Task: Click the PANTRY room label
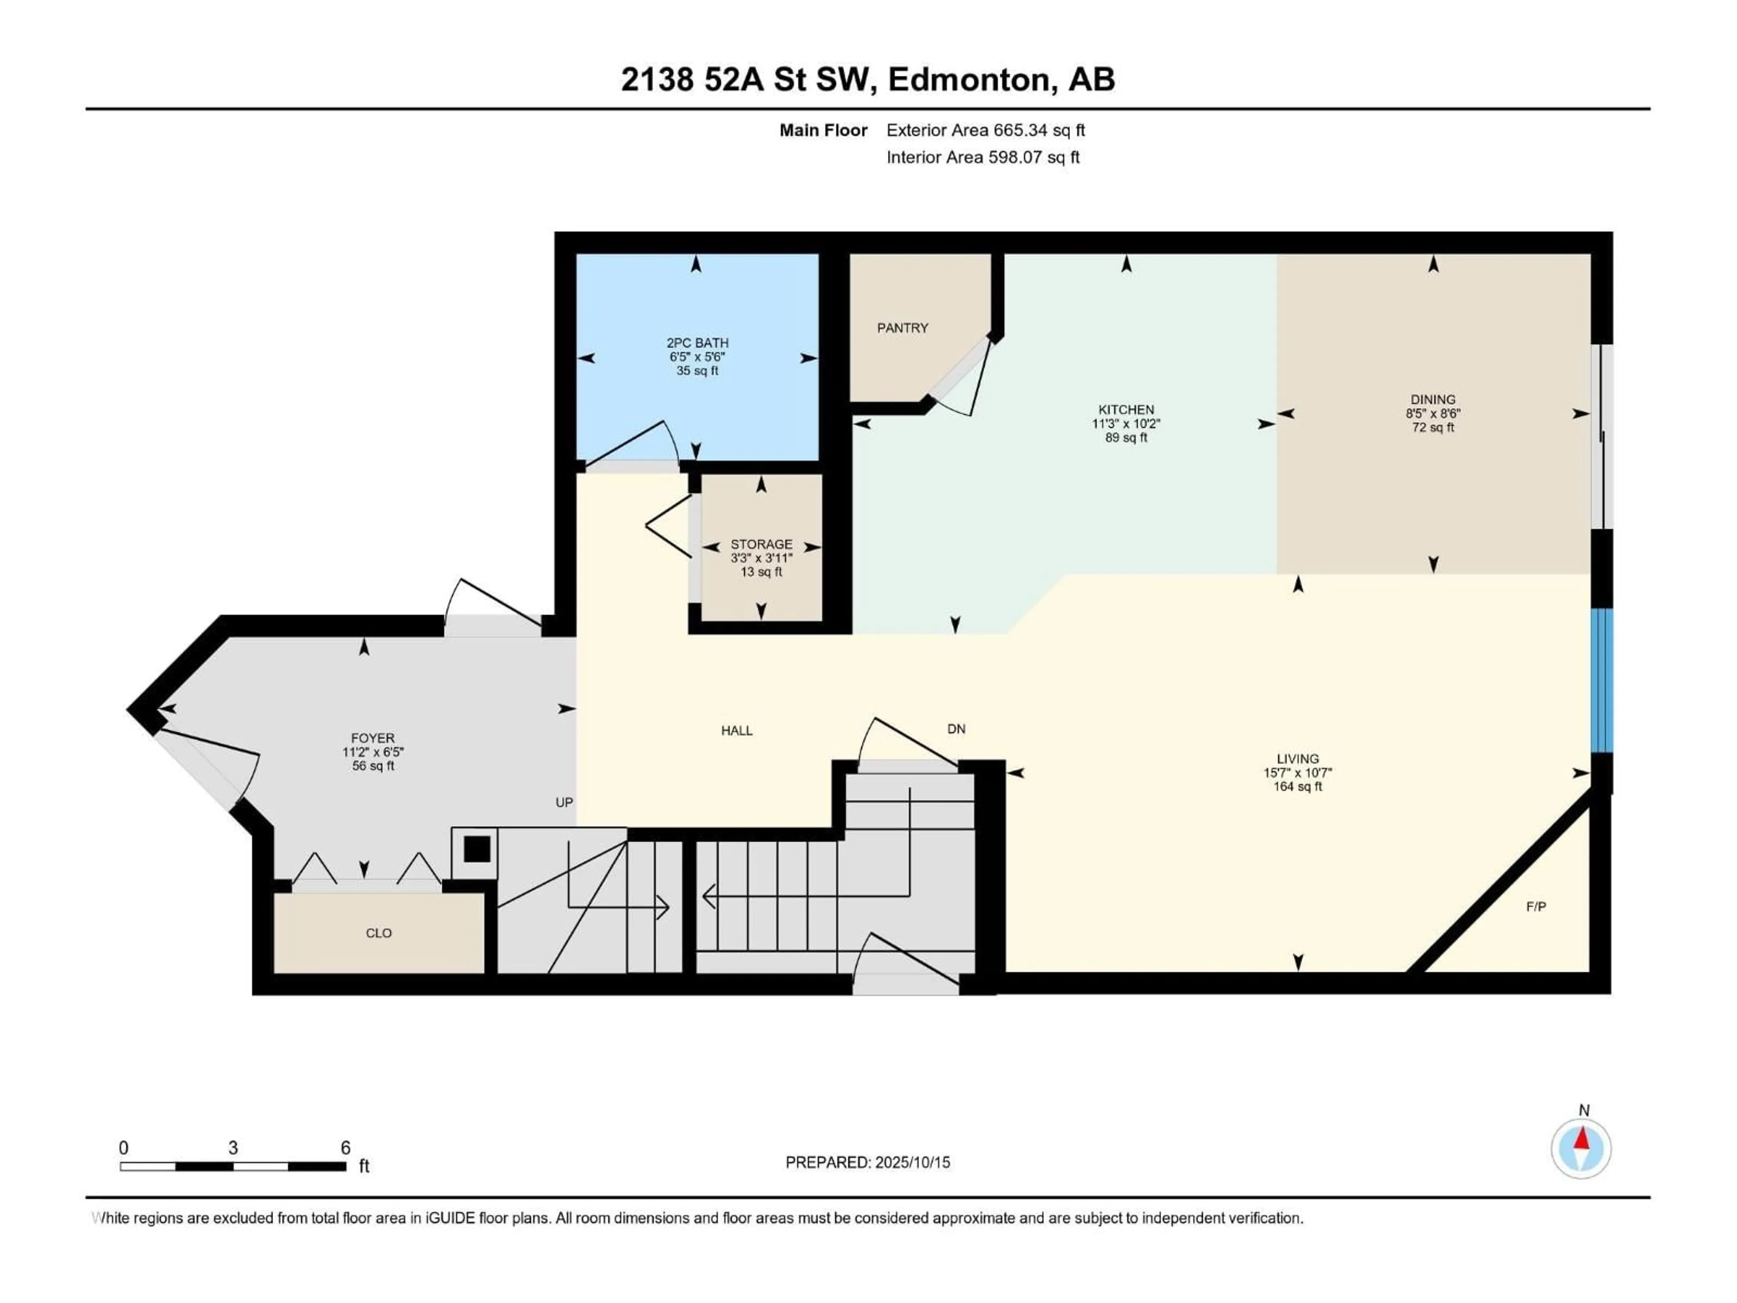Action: point(902,328)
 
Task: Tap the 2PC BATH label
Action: point(698,342)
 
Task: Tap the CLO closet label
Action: point(379,933)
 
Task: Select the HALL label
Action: point(736,730)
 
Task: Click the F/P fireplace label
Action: point(1536,906)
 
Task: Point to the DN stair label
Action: point(956,729)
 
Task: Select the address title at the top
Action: point(868,79)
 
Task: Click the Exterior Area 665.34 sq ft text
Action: point(986,130)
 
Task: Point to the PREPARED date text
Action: point(868,1162)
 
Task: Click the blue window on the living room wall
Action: point(1602,680)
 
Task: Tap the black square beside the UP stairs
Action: point(477,849)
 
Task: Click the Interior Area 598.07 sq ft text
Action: point(983,157)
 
